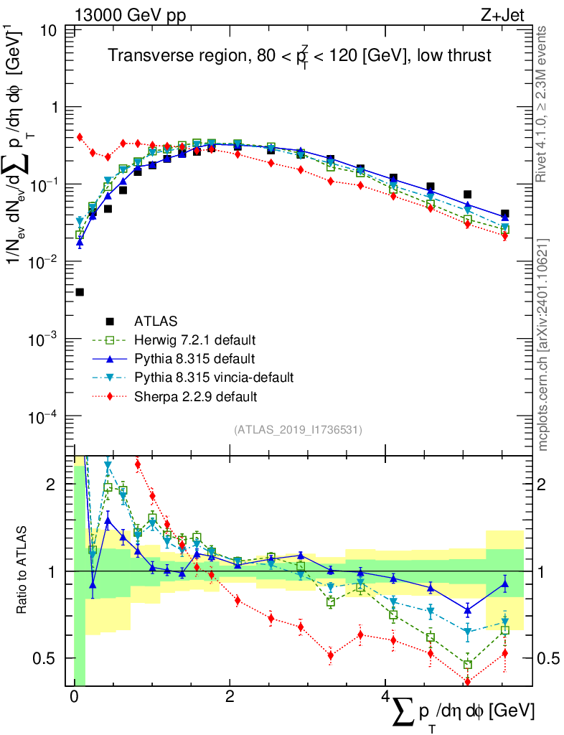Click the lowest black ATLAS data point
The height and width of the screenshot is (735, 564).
click(80, 292)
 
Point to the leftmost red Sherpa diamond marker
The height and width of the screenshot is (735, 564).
click(80, 136)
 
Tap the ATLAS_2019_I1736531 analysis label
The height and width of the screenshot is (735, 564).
click(298, 430)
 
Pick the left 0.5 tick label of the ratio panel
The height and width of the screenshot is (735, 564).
click(52, 658)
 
